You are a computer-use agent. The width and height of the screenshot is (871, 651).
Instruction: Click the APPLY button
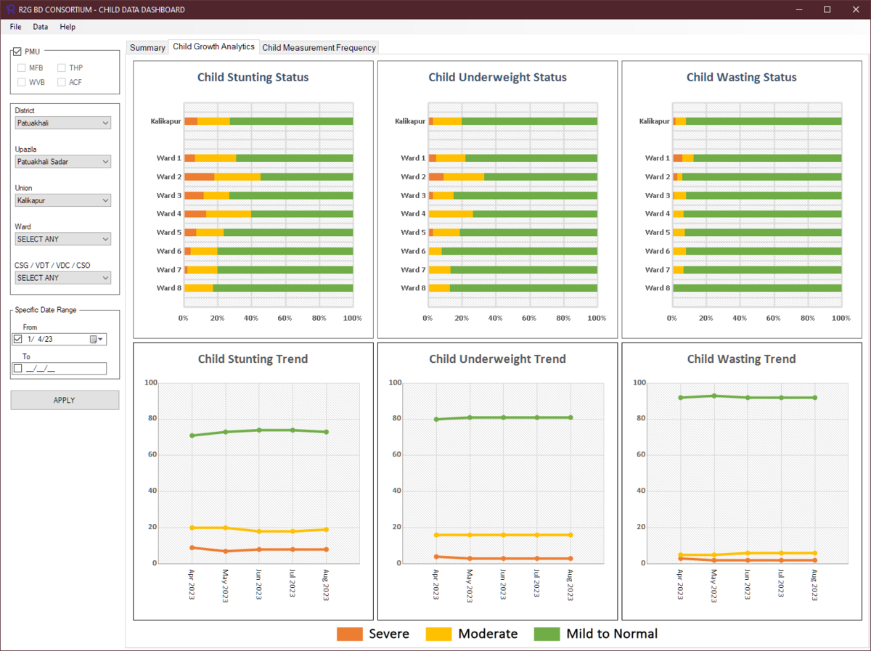point(65,400)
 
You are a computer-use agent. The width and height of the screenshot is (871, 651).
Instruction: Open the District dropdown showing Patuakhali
point(63,123)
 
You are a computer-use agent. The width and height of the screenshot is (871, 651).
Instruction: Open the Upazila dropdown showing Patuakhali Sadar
point(63,162)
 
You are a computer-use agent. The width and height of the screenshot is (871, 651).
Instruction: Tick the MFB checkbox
point(22,67)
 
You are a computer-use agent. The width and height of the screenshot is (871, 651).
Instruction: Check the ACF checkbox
point(62,82)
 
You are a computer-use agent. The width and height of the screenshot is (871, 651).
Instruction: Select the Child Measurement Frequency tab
point(319,48)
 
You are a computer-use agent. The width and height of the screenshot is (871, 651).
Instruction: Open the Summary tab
point(147,48)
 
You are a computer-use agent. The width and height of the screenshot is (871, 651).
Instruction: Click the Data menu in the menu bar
point(40,27)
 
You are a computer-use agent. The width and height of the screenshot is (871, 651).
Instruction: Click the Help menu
point(68,27)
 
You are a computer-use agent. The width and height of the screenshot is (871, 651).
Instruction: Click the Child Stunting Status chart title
point(253,78)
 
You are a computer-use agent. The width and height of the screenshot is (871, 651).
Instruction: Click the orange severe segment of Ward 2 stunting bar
point(199,176)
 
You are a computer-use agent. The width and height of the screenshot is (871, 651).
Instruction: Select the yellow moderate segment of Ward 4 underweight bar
point(450,214)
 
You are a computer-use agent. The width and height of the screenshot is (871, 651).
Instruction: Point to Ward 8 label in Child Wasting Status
point(657,288)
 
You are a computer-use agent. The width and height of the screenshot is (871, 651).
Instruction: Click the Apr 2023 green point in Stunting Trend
point(192,435)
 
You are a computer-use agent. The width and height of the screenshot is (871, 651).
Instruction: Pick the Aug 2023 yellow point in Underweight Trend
point(571,535)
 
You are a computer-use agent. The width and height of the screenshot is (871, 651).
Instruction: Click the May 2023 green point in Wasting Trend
point(714,396)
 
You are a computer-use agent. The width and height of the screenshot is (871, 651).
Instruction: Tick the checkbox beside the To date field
point(18,369)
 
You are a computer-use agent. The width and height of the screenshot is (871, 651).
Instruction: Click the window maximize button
point(827,9)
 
